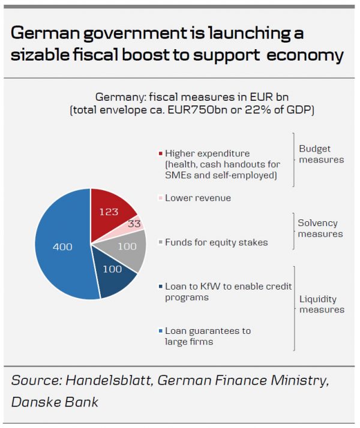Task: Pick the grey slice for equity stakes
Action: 127,247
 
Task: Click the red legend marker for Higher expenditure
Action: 160,153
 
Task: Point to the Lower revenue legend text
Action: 197,198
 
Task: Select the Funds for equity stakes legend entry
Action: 216,242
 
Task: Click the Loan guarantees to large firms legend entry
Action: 208,336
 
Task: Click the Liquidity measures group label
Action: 321,304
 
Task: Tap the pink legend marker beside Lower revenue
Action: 160,198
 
